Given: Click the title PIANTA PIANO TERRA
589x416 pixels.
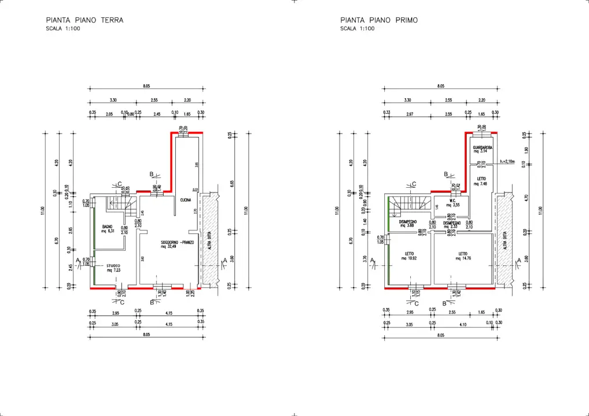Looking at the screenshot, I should (84, 20).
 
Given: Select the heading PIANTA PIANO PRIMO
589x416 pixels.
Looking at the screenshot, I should (379, 20).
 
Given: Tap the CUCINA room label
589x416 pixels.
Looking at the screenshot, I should (185, 200).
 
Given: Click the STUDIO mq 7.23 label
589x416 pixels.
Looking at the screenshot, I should (113, 268).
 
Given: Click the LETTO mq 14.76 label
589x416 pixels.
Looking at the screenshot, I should (463, 255).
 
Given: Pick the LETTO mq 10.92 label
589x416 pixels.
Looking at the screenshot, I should (408, 255).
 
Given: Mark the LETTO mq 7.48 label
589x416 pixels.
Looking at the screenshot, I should (481, 181).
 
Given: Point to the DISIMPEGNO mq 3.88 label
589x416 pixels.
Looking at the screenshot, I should (408, 223).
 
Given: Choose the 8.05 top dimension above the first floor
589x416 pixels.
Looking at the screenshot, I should (441, 86).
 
